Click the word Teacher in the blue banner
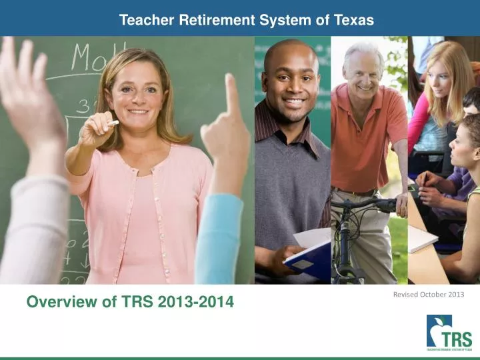(147, 20)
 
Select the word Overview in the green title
(56, 303)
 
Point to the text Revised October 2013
(429, 294)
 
